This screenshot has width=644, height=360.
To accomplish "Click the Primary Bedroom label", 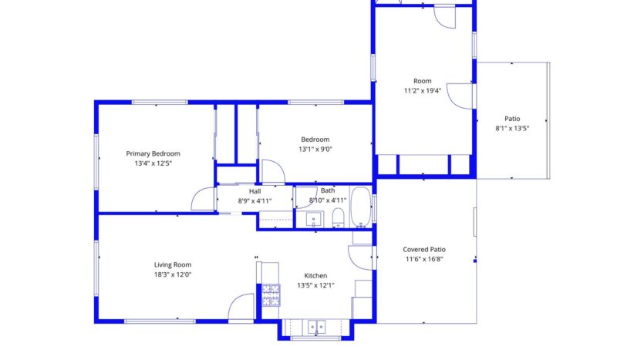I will tap(153, 153).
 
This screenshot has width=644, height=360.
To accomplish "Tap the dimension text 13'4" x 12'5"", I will tap(153, 163).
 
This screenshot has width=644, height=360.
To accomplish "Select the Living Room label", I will tap(172, 264).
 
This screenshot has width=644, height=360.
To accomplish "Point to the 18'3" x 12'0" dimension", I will tap(172, 274).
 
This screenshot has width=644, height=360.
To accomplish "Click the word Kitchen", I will tap(315, 275).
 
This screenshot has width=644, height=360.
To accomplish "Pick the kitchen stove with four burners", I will tap(271, 295).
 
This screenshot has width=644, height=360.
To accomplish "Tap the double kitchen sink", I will tap(316, 327).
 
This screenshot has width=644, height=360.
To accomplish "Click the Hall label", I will tap(255, 191).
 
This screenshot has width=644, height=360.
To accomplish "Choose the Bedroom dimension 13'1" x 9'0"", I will tap(315, 150).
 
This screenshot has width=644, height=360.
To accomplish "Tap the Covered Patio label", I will tap(423, 250).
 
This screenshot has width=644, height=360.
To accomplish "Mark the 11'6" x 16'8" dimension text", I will tap(423, 260).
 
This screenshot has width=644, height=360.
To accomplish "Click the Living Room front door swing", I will tap(242, 308).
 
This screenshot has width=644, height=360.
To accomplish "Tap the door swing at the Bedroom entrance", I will tap(273, 172).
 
